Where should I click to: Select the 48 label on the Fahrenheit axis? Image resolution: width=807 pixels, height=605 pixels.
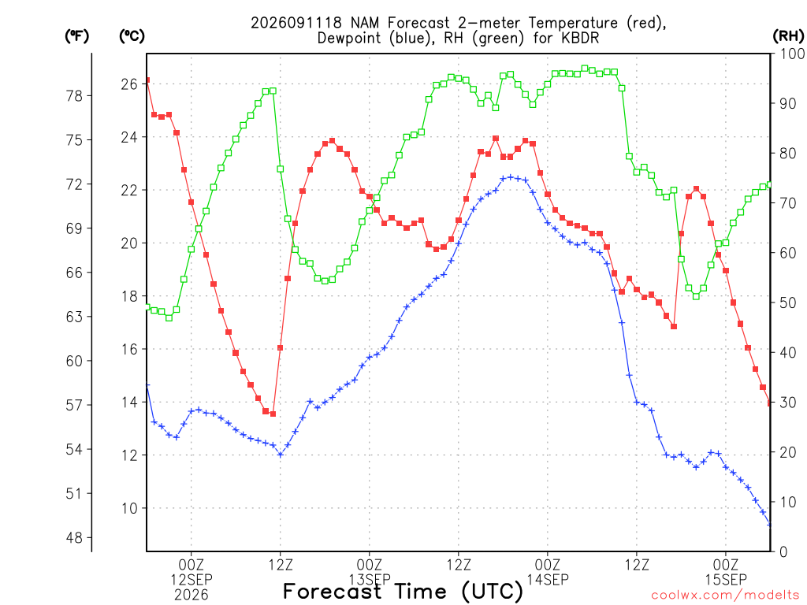click(x=74, y=537)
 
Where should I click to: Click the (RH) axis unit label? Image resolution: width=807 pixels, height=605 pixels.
click(x=788, y=35)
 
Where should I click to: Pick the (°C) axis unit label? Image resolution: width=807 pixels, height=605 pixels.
click(x=132, y=35)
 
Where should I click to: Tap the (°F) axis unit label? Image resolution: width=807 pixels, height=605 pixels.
click(x=76, y=35)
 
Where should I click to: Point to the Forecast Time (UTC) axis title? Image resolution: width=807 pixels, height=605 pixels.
click(x=403, y=591)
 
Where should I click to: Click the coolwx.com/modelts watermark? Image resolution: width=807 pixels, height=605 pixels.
click(x=725, y=596)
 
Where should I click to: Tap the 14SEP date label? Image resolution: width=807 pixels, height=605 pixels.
click(x=547, y=580)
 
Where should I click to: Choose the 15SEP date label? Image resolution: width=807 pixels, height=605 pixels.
click(x=726, y=580)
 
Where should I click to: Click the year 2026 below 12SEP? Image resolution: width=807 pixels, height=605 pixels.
click(x=192, y=596)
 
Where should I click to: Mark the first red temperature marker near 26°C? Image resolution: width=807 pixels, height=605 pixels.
click(x=147, y=80)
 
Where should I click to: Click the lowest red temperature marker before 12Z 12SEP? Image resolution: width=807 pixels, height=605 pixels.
click(x=273, y=414)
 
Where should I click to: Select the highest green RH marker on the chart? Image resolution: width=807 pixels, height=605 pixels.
click(x=585, y=69)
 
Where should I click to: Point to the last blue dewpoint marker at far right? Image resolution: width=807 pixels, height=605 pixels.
click(x=770, y=525)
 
